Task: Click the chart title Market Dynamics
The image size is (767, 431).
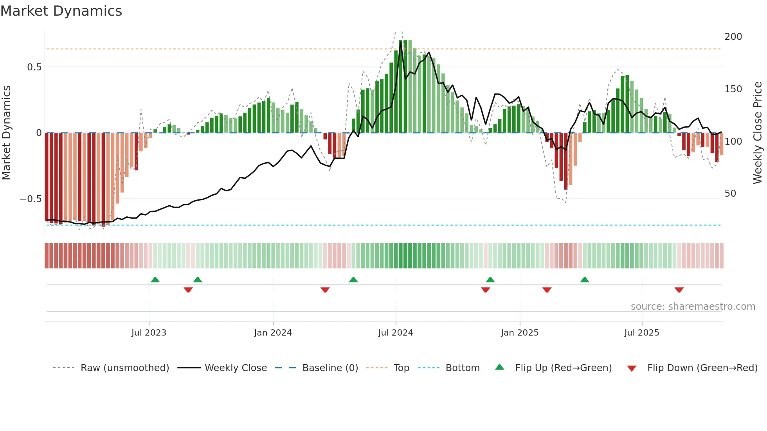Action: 61,11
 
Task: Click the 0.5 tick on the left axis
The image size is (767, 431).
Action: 34,67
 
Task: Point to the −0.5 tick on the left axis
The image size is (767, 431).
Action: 31,199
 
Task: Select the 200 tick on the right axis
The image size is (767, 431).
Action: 733,37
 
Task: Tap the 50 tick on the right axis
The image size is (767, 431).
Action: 730,194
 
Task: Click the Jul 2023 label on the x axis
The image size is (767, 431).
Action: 149,333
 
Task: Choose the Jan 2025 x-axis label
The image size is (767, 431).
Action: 519,333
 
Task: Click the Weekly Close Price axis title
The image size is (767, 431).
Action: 758,133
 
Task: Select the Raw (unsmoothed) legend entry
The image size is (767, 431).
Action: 124,368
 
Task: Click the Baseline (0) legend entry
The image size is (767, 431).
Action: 330,368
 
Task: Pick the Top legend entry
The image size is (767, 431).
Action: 401,368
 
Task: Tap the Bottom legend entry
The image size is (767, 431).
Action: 462,368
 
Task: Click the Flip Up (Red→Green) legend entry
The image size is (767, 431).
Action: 563,368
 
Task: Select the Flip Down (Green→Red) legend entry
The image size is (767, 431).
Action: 702,368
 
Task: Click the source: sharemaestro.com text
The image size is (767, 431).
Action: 693,307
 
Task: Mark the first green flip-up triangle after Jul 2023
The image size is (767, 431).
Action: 155,280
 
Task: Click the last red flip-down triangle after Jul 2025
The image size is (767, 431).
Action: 679,290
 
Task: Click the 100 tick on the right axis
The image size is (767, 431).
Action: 733,142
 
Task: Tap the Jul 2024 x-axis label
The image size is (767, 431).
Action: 395,333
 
